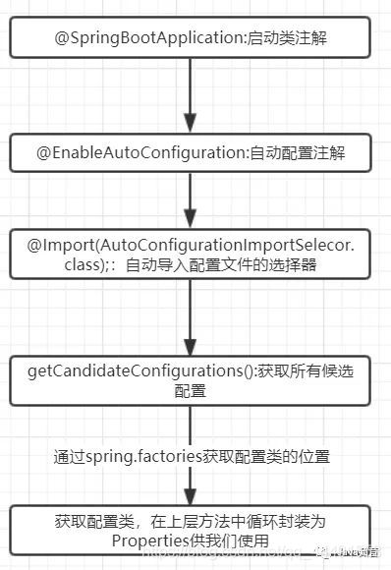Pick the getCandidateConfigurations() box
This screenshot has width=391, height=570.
192,381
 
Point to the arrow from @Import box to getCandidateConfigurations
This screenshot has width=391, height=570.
192,319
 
